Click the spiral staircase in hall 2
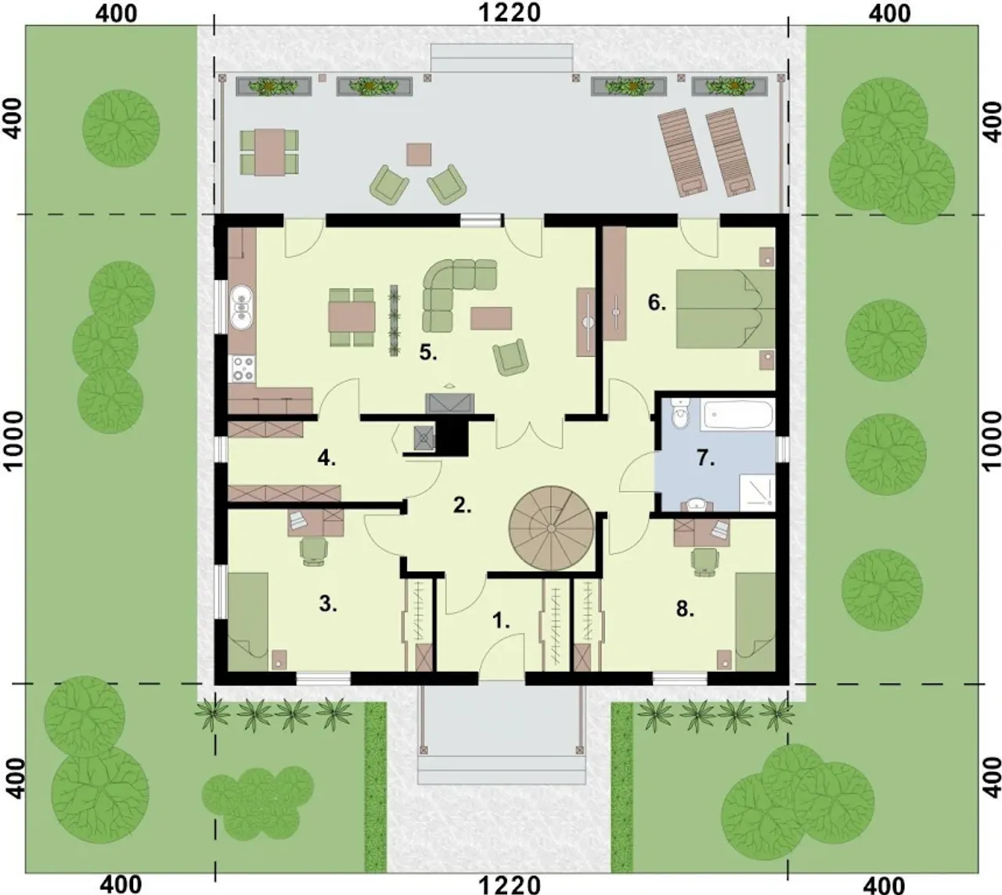coord(550,529)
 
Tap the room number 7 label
coord(706,459)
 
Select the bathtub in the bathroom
coord(738,414)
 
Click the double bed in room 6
coord(725,309)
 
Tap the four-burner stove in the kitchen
coord(243,369)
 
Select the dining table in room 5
coord(351,317)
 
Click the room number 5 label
coord(428,352)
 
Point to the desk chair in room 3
coord(314,550)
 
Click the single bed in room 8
coord(755,622)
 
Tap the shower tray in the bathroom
coord(757,492)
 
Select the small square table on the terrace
coord(419,154)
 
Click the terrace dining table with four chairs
coord(269,152)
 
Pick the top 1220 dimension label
coord(509,13)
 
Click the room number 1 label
coord(502,621)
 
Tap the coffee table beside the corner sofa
coord(491,318)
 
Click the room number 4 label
coord(326,458)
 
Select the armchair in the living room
coord(511,357)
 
